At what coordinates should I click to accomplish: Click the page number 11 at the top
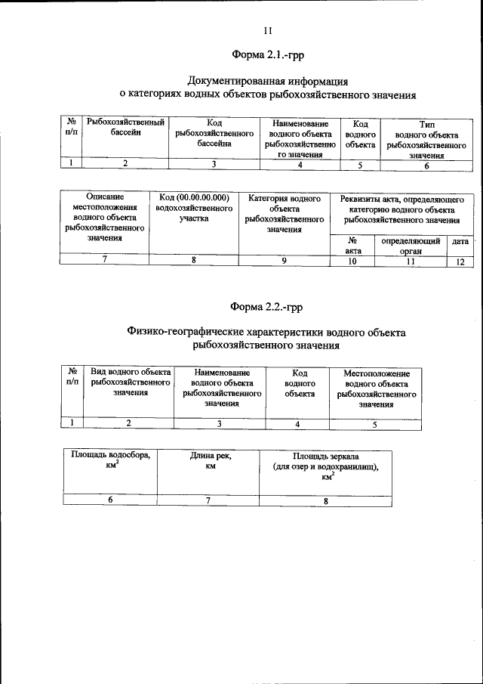click(x=267, y=31)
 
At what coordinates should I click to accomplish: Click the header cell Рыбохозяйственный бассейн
click(x=126, y=127)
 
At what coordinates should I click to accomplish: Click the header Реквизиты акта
click(x=401, y=209)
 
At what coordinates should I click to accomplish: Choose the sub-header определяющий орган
click(x=411, y=245)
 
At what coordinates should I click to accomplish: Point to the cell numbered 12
click(x=460, y=261)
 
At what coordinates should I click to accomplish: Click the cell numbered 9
click(x=284, y=261)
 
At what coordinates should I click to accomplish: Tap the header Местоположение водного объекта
click(x=377, y=388)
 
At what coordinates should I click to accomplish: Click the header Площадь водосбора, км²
click(x=110, y=461)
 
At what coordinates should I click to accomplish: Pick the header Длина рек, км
click(x=208, y=461)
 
